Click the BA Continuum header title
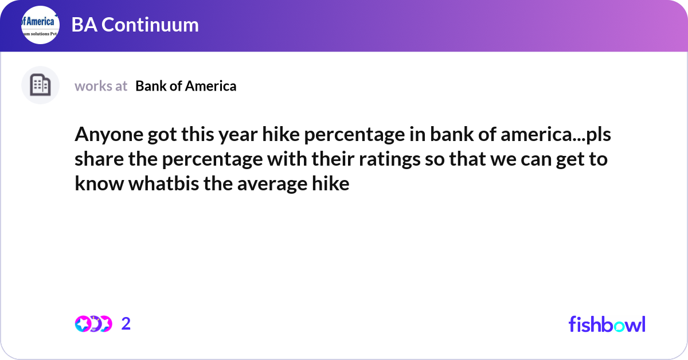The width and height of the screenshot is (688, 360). tap(135, 25)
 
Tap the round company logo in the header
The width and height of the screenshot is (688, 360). tap(40, 25)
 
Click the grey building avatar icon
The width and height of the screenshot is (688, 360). tap(40, 85)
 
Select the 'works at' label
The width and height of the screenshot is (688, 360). tap(101, 86)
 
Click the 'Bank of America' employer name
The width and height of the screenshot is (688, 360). tap(186, 86)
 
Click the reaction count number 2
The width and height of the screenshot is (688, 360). tap(126, 324)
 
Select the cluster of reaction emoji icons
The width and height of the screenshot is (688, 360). tap(93, 324)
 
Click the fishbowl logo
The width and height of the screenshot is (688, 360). tap(607, 324)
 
